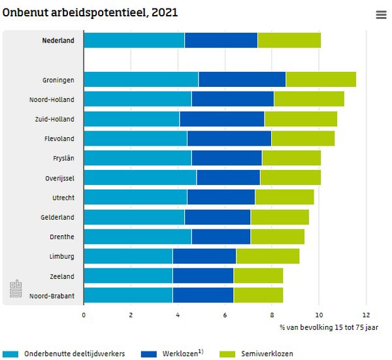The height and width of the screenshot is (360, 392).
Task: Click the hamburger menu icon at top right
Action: click(381, 15)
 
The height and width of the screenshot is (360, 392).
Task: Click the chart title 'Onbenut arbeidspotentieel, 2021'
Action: click(90, 12)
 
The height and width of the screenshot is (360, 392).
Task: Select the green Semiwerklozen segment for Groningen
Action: click(321, 80)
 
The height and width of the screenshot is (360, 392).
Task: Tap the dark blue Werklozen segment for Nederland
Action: click(221, 40)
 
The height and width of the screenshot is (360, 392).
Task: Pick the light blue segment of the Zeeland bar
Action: click(128, 276)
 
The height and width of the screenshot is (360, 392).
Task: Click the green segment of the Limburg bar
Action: click(268, 256)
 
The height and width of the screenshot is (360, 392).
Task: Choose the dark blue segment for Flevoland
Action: click(229, 139)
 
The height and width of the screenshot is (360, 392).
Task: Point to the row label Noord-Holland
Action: click(52, 99)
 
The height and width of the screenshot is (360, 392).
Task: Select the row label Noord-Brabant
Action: click(52, 295)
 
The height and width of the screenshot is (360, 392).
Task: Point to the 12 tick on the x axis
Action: click(367, 314)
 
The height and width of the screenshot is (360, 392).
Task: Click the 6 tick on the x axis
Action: click(225, 314)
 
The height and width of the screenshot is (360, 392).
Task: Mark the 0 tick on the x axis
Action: click(84, 314)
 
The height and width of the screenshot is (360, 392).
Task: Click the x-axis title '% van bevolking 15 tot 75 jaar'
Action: click(329, 327)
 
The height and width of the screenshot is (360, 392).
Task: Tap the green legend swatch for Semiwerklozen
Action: click(226, 353)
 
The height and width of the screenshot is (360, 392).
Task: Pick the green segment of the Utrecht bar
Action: click(284, 197)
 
